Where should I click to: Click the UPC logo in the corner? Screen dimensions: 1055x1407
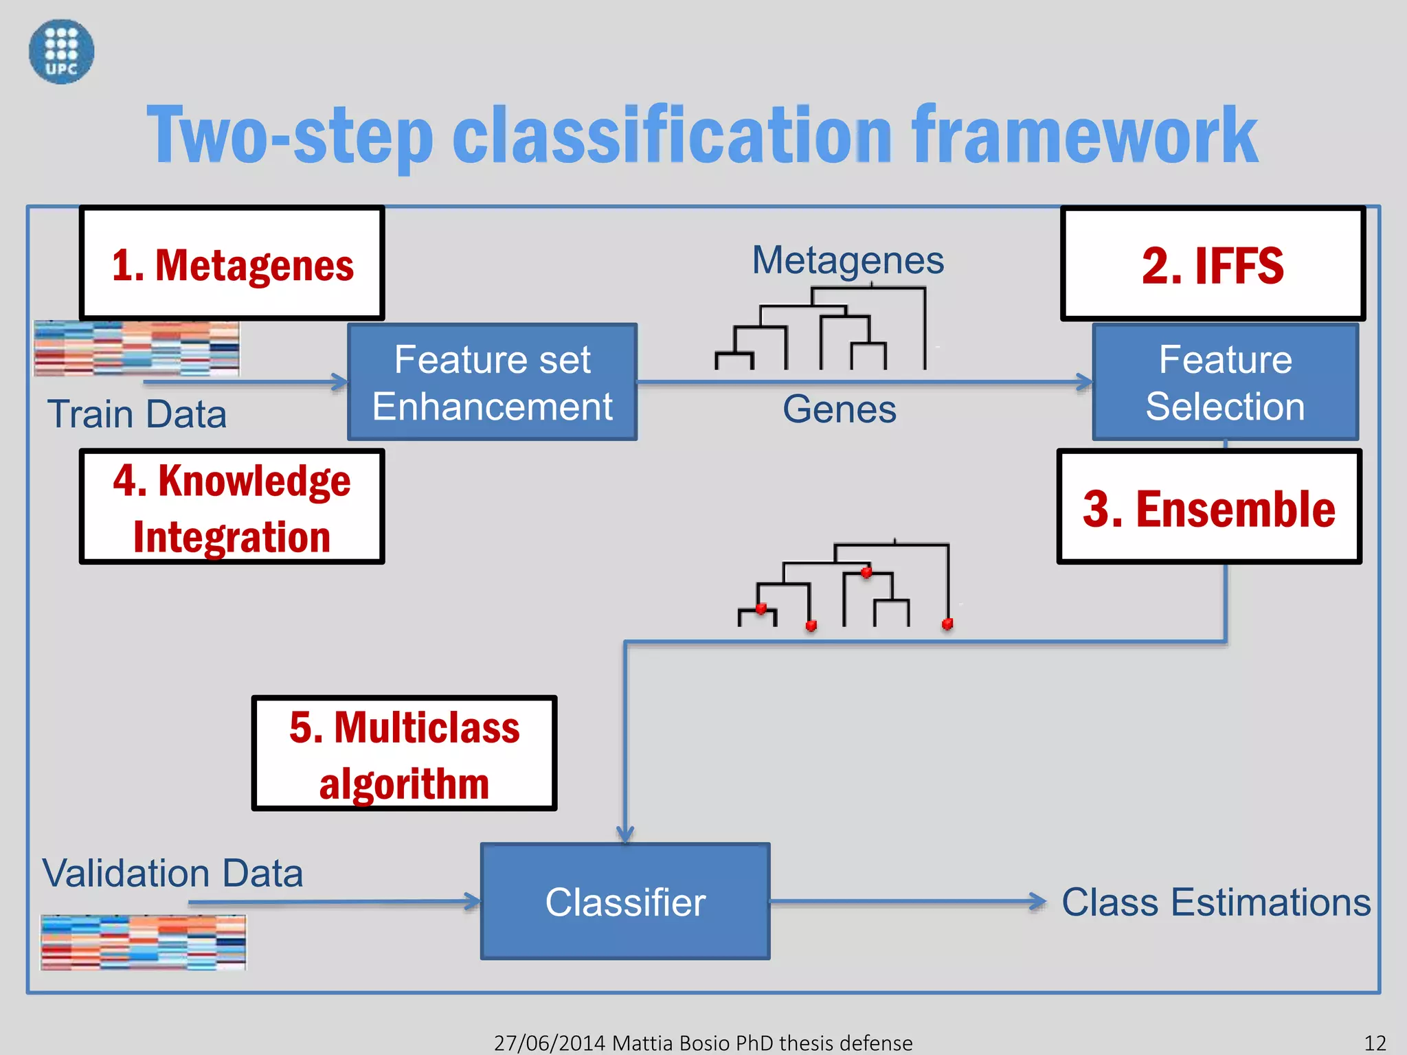point(61,52)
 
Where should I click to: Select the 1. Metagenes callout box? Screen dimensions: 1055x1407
point(232,264)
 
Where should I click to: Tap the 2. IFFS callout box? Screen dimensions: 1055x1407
point(1213,264)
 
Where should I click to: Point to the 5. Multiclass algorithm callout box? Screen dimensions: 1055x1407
point(404,754)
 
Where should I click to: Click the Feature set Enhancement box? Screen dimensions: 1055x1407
point(492,383)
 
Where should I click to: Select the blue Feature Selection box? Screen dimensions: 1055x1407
point(1225,383)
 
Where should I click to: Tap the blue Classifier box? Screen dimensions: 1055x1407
point(625,902)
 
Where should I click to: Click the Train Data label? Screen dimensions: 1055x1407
point(137,414)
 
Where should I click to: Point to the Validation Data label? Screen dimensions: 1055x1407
point(172,873)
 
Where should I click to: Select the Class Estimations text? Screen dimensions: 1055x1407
point(1216,902)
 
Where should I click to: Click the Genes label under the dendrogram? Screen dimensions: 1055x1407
point(839,409)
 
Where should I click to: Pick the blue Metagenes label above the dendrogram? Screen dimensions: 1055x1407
point(848,260)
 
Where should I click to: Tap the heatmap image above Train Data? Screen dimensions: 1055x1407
point(137,348)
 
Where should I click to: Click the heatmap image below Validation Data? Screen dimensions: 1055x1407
point(143,942)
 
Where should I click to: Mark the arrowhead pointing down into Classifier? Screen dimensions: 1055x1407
point(625,835)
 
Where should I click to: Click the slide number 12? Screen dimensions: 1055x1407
point(1375,1043)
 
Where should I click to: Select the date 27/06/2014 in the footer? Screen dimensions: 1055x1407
point(550,1043)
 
